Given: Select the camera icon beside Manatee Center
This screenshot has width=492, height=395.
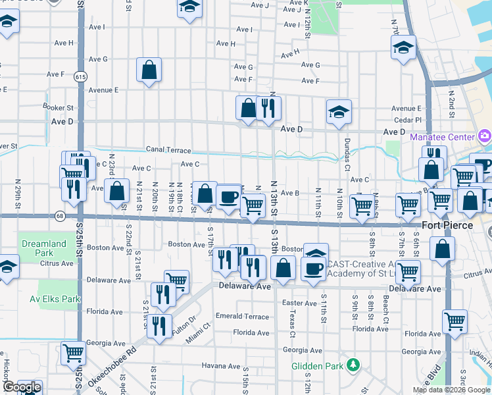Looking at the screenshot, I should (485, 137).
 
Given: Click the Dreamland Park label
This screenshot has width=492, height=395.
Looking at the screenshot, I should (44, 248).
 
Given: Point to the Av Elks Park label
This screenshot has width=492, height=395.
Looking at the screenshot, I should (55, 298).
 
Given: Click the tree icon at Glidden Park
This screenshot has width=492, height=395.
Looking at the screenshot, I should (353, 365).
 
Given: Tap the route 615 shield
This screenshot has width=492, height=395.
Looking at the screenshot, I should (80, 76).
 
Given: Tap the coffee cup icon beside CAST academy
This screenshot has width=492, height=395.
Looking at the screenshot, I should (313, 269).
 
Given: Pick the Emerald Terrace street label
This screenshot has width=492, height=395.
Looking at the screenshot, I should (242, 317).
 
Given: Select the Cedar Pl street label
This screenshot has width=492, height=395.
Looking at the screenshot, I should (408, 120).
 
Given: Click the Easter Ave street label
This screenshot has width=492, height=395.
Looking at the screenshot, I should (299, 303).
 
